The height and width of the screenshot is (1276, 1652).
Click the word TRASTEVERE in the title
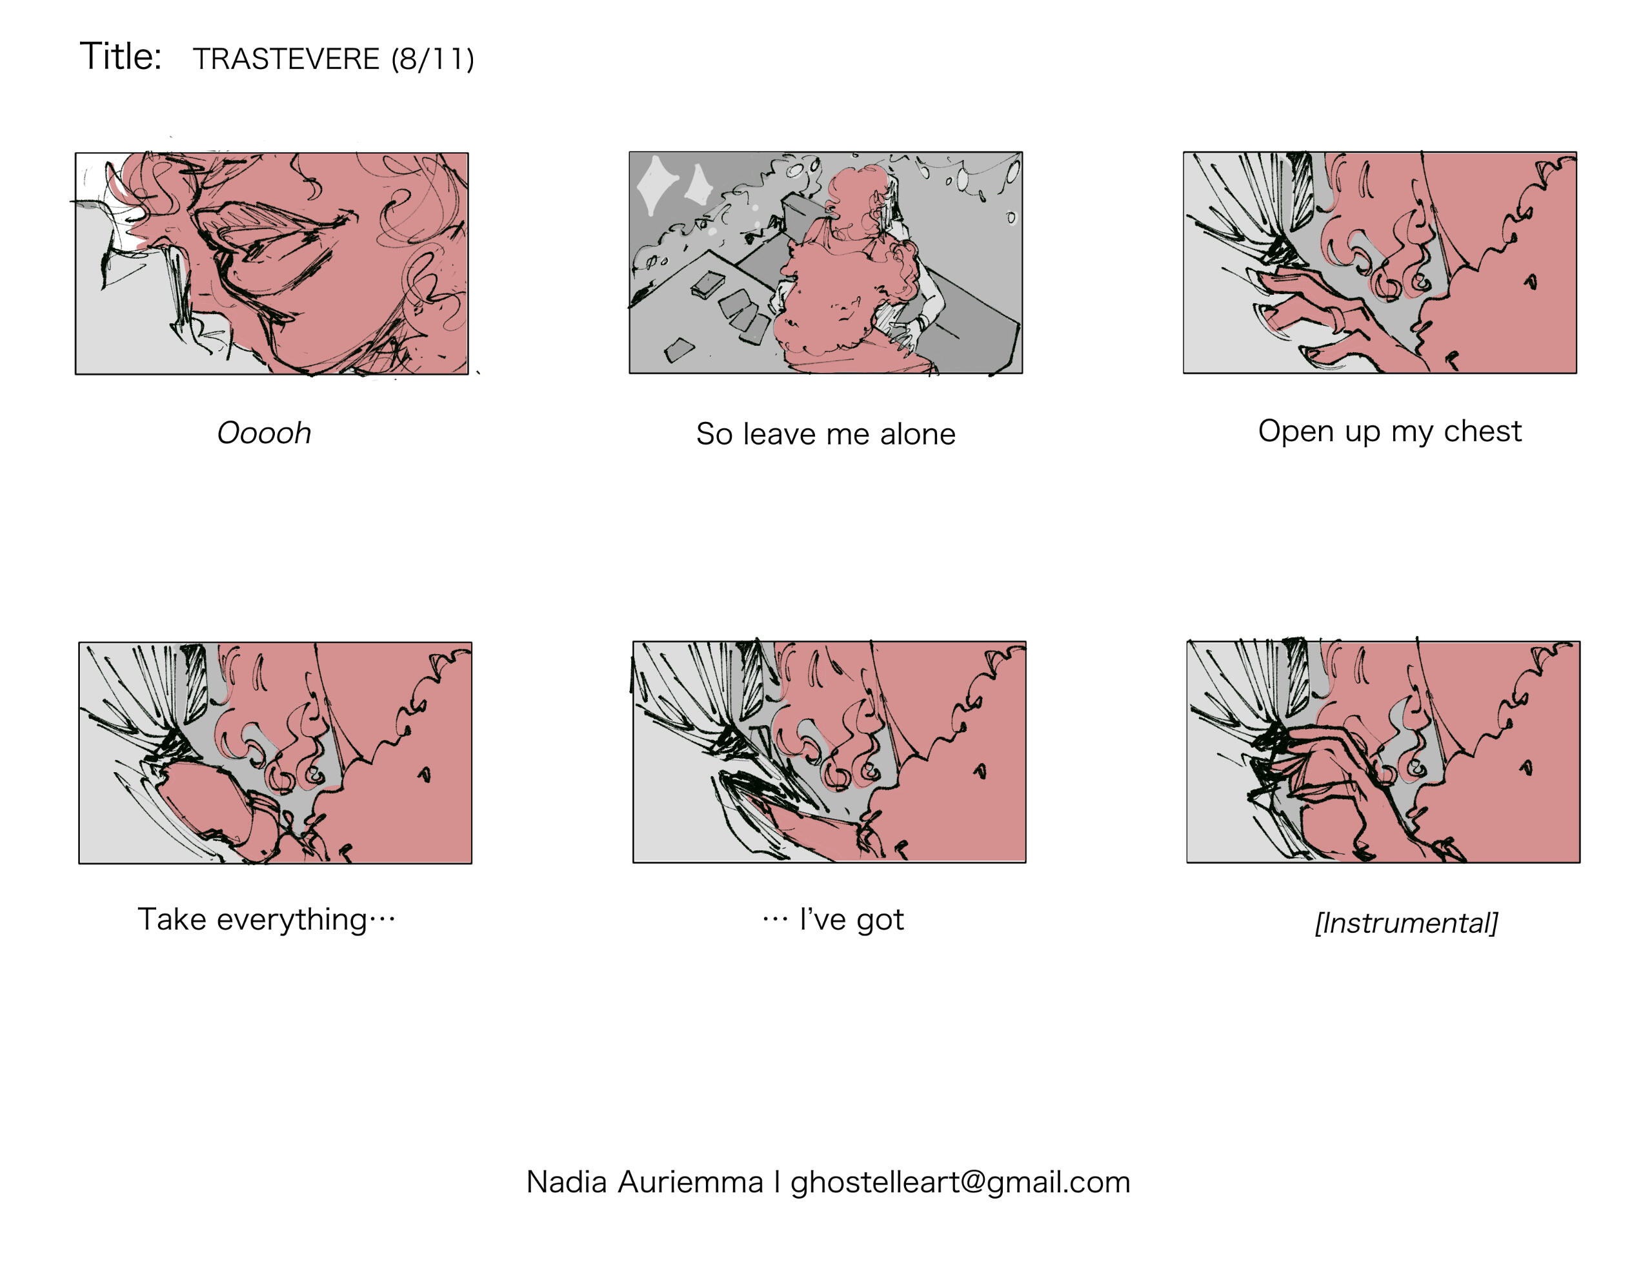click(286, 59)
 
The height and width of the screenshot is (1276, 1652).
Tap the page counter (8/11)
click(432, 59)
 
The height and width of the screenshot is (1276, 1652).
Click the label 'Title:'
click(121, 57)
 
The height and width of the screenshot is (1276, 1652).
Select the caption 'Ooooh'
click(264, 434)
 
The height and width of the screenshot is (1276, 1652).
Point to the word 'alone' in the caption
click(918, 434)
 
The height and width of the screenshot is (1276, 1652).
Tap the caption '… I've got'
click(833, 920)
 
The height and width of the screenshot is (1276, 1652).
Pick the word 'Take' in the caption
click(172, 920)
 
